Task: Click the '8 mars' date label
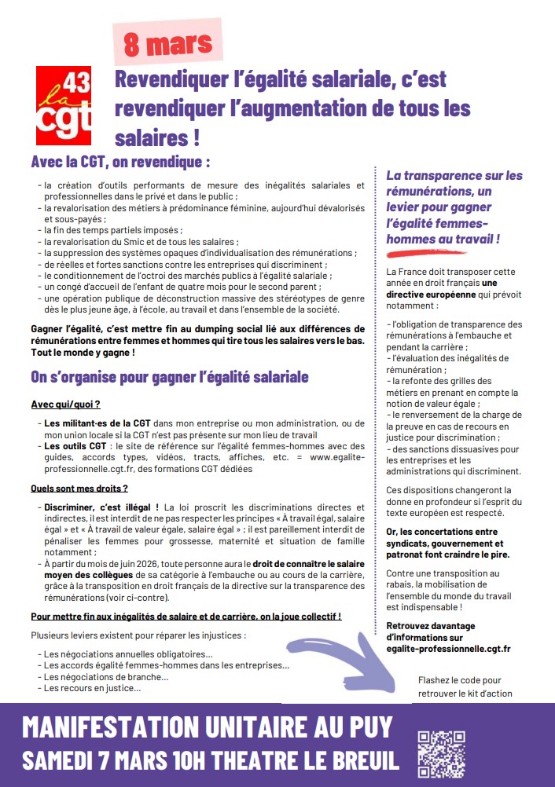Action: [x=168, y=43]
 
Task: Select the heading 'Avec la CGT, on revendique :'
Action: [x=120, y=163]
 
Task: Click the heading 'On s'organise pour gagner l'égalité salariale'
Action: [x=169, y=377]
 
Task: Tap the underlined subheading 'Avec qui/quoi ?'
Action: [x=66, y=404]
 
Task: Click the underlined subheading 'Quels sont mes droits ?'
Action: [x=79, y=488]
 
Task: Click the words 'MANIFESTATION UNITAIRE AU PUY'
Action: [x=208, y=727]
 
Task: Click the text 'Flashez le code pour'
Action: [x=460, y=680]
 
